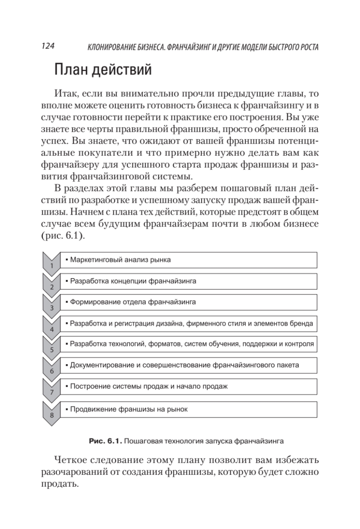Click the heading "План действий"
(x=103, y=70)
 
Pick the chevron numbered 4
(x=52, y=325)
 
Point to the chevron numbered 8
(x=52, y=411)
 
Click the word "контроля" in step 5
(x=301, y=344)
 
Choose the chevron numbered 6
(x=52, y=368)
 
